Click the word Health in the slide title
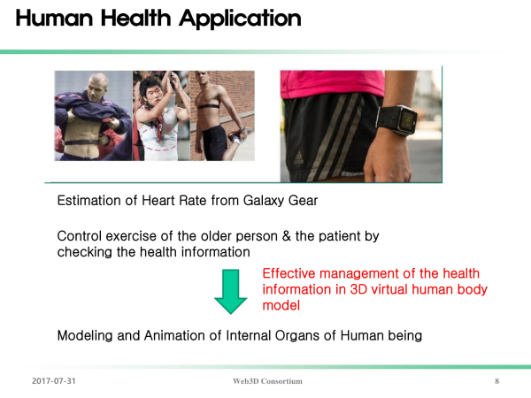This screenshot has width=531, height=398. pyautogui.click(x=135, y=18)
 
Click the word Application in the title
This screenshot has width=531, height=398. pyautogui.click(x=240, y=19)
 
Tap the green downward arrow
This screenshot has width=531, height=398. pyautogui.click(x=231, y=291)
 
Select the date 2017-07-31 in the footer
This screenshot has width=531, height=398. pyautogui.click(x=54, y=381)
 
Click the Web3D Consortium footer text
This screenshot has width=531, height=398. pyautogui.click(x=267, y=381)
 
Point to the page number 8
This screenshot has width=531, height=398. pyautogui.click(x=496, y=381)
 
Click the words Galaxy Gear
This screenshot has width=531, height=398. pyautogui.click(x=281, y=201)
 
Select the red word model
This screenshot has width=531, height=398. pyautogui.click(x=281, y=306)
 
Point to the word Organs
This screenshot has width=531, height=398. pyautogui.click(x=297, y=336)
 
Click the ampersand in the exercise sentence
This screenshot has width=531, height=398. pyautogui.click(x=287, y=236)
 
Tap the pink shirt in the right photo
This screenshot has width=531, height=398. pyautogui.click(x=332, y=84)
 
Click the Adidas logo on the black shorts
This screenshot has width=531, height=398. pyautogui.click(x=298, y=158)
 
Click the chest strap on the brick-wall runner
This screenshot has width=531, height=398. pyautogui.click(x=209, y=106)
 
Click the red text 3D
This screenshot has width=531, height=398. pyautogui.click(x=358, y=290)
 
